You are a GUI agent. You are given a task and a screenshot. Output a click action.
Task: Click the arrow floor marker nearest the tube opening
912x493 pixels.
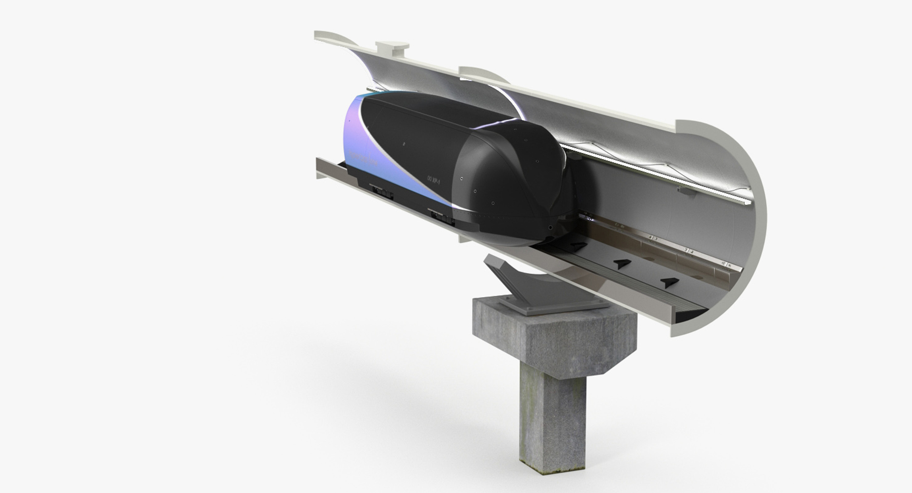[669, 282]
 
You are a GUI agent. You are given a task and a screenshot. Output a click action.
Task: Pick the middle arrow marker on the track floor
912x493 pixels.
[622, 264]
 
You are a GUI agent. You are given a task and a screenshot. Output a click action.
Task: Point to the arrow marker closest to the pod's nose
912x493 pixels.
[578, 246]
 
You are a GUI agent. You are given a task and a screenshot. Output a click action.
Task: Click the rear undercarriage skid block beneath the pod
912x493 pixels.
[383, 192]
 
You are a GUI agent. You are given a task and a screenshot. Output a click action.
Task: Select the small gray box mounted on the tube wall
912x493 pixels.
[686, 191]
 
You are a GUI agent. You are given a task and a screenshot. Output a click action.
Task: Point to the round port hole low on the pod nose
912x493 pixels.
[550, 228]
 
